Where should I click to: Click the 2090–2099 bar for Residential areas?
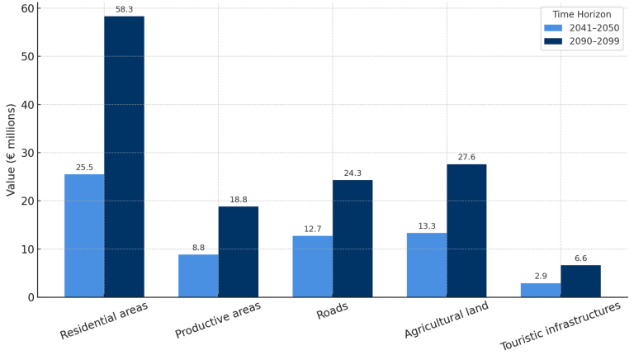pyautogui.click(x=124, y=157)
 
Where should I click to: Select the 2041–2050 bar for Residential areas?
pyautogui.click(x=84, y=235)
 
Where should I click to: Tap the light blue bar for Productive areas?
pyautogui.click(x=198, y=276)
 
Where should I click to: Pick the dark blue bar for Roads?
pyautogui.click(x=352, y=239)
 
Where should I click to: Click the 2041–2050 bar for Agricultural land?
pyautogui.click(x=427, y=265)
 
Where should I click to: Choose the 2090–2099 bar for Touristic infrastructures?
pyautogui.click(x=580, y=281)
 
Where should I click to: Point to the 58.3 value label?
pyautogui.click(x=124, y=9)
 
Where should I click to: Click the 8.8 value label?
pyautogui.click(x=198, y=247)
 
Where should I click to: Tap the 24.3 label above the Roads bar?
pyautogui.click(x=352, y=173)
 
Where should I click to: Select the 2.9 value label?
pyautogui.click(x=541, y=276)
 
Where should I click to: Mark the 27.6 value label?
pyautogui.click(x=466, y=157)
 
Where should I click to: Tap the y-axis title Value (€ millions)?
pyautogui.click(x=11, y=149)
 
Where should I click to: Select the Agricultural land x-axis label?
pyautogui.click(x=447, y=320)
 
